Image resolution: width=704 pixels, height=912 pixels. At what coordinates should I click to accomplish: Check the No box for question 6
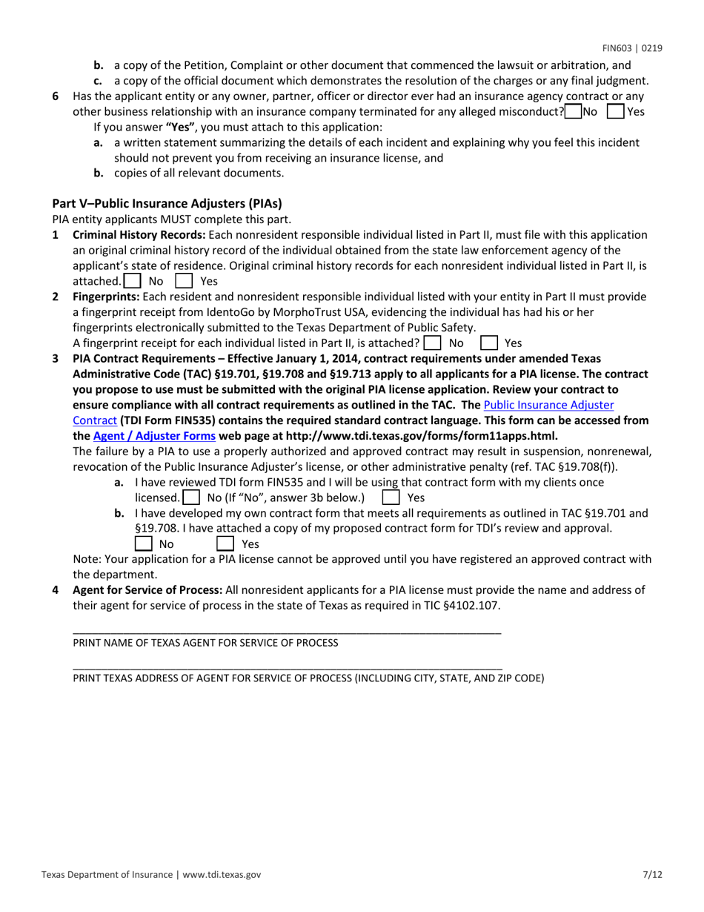click(x=573, y=112)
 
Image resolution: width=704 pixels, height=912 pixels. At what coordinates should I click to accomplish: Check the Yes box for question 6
click(x=615, y=112)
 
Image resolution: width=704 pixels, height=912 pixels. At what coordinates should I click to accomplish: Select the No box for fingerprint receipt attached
click(x=432, y=343)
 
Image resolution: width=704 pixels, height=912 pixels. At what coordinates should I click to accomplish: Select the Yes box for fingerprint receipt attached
click(x=488, y=343)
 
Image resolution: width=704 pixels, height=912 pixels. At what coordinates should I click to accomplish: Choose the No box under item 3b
click(x=143, y=543)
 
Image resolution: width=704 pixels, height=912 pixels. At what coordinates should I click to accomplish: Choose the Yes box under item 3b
click(x=225, y=543)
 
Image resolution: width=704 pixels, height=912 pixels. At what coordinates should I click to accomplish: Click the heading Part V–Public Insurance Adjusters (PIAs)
click(x=167, y=203)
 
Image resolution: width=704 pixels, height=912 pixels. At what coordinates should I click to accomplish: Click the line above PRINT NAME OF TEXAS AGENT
click(x=287, y=632)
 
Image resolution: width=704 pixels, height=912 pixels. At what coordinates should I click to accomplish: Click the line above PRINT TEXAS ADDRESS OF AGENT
click(x=287, y=668)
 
